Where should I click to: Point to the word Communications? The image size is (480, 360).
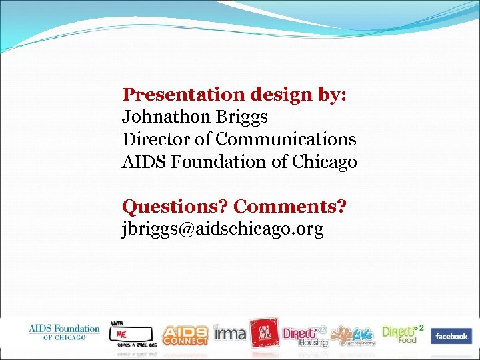coord(286,139)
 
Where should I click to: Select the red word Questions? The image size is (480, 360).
coord(175,207)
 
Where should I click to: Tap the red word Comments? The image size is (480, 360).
coord(290,207)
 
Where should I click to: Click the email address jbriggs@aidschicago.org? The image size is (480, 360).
coord(223,229)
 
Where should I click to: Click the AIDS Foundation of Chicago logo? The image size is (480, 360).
coord(64,331)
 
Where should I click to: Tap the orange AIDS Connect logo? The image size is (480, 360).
coord(186,334)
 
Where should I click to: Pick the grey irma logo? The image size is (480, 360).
coord(230,333)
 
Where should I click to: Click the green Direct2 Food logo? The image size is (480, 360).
coord(403,333)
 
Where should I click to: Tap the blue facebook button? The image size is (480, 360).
coord(451,336)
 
